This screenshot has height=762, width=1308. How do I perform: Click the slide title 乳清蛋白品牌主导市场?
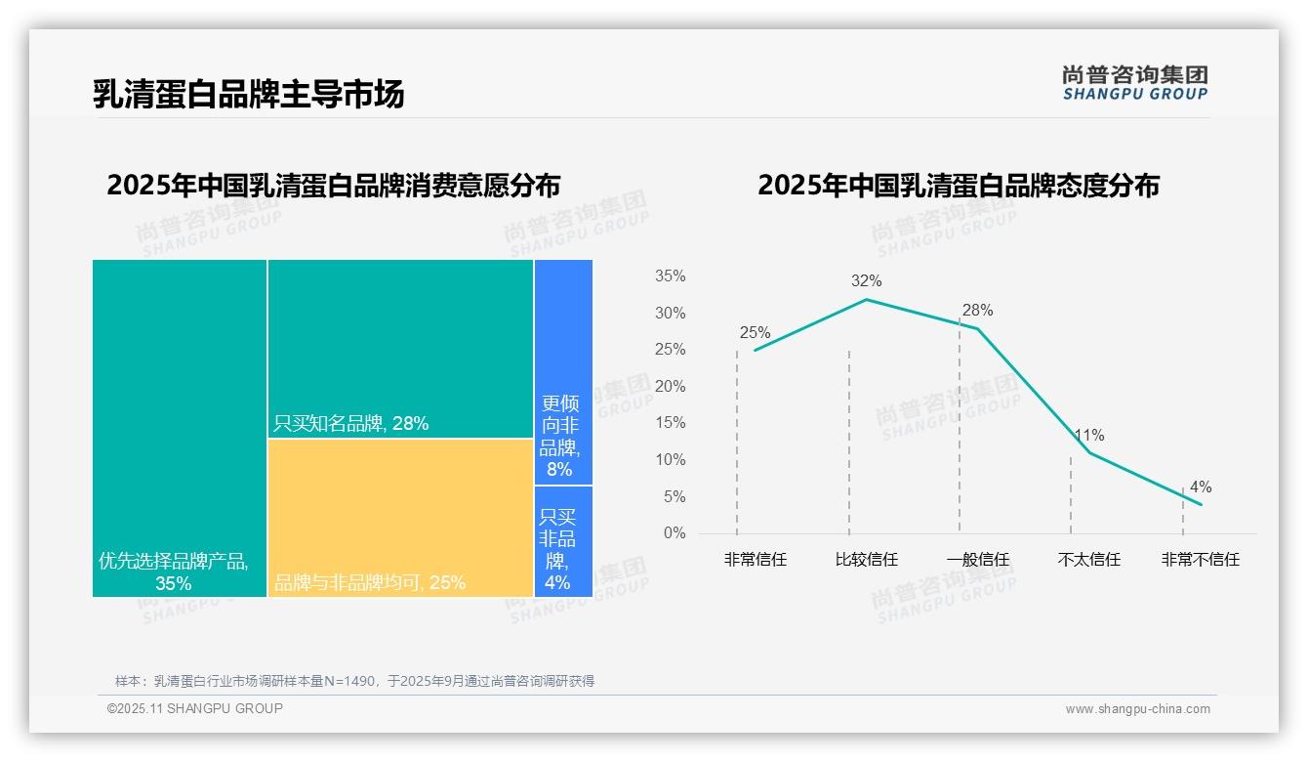click(x=248, y=94)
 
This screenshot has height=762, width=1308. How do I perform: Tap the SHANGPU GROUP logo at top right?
click(x=1134, y=82)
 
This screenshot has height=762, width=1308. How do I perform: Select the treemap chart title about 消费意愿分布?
click(x=333, y=185)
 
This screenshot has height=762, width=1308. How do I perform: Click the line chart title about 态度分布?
click(x=958, y=185)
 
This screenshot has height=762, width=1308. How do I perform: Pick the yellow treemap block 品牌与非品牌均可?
click(x=400, y=518)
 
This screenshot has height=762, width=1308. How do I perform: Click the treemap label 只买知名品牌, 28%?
click(x=351, y=423)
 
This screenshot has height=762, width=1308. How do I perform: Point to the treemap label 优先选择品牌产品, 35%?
click(x=174, y=571)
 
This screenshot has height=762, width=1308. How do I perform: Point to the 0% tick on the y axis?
click(x=674, y=533)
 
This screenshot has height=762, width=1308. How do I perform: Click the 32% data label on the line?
click(x=866, y=281)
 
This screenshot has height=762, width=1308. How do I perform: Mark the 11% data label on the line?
click(x=1088, y=436)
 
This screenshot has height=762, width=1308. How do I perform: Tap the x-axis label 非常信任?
click(x=755, y=560)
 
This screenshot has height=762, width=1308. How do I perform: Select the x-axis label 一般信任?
click(x=977, y=560)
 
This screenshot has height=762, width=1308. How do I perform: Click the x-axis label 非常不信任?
click(x=1200, y=560)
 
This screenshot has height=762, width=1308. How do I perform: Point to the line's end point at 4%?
click(x=1201, y=504)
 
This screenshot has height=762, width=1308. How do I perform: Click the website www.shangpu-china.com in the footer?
click(x=1137, y=709)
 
